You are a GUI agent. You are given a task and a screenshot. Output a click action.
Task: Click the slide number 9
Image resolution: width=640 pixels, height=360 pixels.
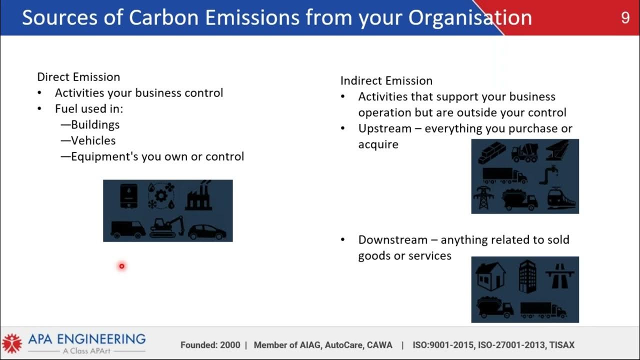coord(625,18)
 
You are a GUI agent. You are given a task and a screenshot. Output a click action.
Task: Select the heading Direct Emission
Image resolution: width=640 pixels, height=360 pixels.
coord(78,77)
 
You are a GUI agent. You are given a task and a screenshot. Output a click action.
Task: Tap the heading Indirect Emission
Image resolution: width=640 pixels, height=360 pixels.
coord(386,81)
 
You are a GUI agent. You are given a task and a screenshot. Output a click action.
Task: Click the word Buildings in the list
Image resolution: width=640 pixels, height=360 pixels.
coord(95,124)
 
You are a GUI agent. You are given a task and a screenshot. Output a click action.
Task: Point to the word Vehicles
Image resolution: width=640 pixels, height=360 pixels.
coord(93,140)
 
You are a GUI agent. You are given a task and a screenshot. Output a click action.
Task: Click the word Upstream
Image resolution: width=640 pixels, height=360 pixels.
coord(384,128)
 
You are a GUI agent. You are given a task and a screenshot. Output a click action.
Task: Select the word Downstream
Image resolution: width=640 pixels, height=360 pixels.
coord(392,240)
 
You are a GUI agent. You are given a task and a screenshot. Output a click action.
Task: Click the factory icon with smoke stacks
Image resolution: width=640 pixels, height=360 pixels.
coord(198,196)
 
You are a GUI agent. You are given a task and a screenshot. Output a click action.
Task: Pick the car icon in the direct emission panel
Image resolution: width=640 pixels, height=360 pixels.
coord(206,231)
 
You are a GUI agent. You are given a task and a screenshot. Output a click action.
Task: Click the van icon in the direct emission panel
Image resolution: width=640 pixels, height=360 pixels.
coord(127,229)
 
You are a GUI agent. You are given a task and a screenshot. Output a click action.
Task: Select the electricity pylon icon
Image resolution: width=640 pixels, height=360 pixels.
coord(483,198)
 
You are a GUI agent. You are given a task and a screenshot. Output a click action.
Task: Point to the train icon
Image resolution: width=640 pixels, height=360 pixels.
coord(561,199)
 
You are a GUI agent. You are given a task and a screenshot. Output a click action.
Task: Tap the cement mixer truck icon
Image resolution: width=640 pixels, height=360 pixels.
coord(524,153)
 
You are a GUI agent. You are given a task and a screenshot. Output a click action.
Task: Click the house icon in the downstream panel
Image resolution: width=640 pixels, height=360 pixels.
coord(490,275)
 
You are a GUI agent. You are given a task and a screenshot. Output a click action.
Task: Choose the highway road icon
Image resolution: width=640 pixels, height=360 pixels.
coord(559,275)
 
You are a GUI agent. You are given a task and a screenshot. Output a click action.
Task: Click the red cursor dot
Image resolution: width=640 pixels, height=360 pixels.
coord(121,266)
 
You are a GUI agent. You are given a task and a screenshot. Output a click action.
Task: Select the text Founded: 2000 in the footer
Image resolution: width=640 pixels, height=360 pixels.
coord(210,345)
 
